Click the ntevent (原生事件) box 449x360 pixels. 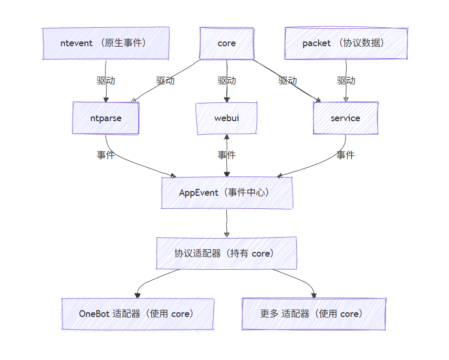pyautogui.click(x=106, y=43)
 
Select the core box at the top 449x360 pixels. pyautogui.click(x=226, y=43)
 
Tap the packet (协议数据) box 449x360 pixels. pyautogui.click(x=346, y=43)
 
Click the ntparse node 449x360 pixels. pyautogui.click(x=106, y=118)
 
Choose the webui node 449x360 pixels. pyautogui.click(x=226, y=118)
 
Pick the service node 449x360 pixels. pyautogui.click(x=345, y=118)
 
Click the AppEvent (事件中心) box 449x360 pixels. pyautogui.click(x=226, y=193)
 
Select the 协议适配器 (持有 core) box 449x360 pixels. pyautogui.click(x=226, y=253)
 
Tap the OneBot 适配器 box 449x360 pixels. pyautogui.click(x=138, y=314)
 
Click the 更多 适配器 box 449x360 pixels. pyautogui.click(x=314, y=314)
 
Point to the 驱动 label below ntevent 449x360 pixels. pyautogui.click(x=106, y=81)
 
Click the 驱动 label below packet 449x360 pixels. pyautogui.click(x=346, y=81)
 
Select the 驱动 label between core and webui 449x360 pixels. pyautogui.click(x=226, y=81)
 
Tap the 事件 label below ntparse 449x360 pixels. pyautogui.click(x=106, y=155)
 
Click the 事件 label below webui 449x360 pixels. pyautogui.click(x=226, y=155)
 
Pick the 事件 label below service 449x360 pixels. pyautogui.click(x=346, y=155)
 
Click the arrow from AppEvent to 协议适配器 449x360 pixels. pyautogui.click(x=226, y=223)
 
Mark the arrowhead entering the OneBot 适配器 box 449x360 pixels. pyautogui.click(x=138, y=295)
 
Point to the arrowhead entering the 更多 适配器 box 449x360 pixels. pyautogui.click(x=314, y=295)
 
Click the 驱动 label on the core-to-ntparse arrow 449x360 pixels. pyautogui.click(x=165, y=81)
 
